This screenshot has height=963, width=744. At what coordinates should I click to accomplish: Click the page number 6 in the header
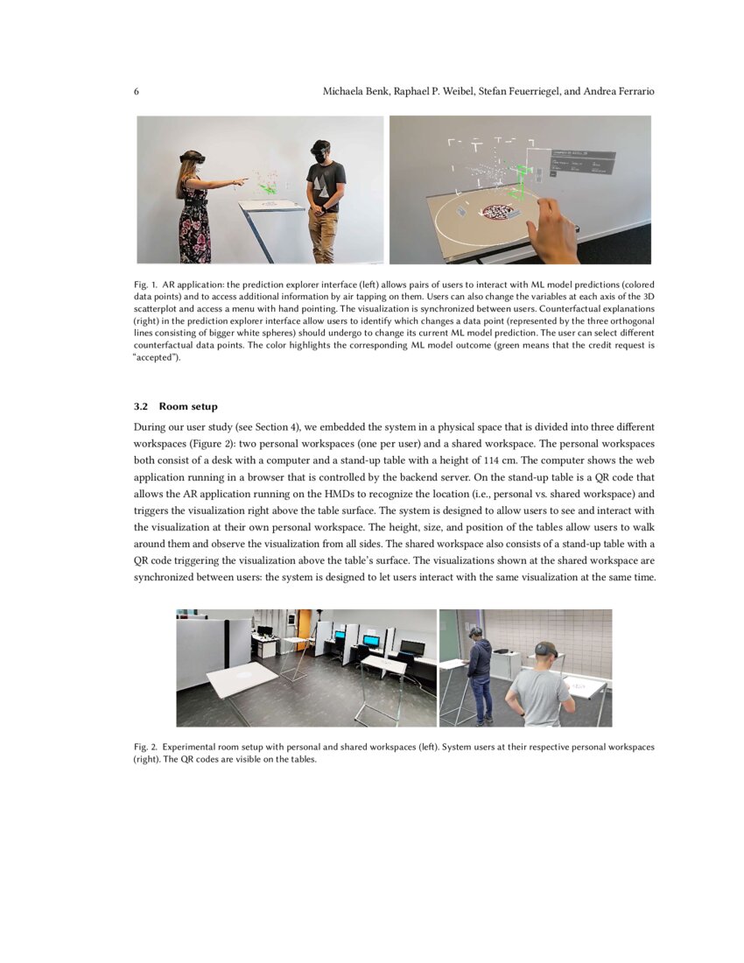[137, 92]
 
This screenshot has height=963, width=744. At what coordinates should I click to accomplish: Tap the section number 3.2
[142, 406]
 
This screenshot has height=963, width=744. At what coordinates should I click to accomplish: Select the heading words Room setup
[188, 406]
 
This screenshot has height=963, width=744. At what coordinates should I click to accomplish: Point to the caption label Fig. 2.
[145, 748]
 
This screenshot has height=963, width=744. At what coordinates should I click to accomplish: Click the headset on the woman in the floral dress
[193, 157]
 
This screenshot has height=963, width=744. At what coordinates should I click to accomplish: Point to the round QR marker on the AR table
[496, 212]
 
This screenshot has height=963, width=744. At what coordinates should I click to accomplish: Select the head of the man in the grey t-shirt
[545, 652]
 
